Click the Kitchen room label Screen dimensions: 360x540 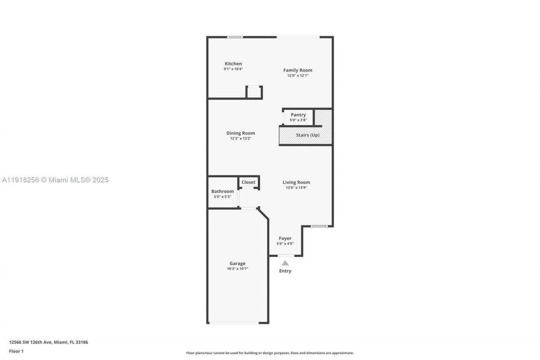(x=233, y=64)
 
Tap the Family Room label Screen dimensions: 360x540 (x=297, y=70)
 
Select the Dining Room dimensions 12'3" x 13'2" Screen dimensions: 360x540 (x=240, y=138)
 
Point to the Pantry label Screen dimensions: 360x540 (x=298, y=115)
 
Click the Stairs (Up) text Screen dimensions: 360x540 (x=308, y=135)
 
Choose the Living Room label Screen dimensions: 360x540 (x=296, y=182)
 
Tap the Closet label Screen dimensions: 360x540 (x=248, y=182)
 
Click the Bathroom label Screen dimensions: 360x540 (x=222, y=191)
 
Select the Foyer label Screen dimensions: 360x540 (x=285, y=238)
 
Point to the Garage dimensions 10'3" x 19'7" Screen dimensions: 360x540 (x=238, y=268)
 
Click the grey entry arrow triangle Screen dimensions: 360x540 (x=285, y=263)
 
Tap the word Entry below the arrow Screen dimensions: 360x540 (x=285, y=271)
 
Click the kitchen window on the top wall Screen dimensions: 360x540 (x=235, y=37)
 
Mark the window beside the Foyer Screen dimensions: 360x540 (x=319, y=227)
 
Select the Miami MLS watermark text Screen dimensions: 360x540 (x=55, y=180)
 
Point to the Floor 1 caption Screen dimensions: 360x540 (x=16, y=351)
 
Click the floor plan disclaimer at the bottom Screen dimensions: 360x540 (x=270, y=353)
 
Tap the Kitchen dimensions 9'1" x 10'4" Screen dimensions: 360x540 (x=233, y=69)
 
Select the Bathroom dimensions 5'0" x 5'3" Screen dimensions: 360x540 (x=222, y=196)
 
